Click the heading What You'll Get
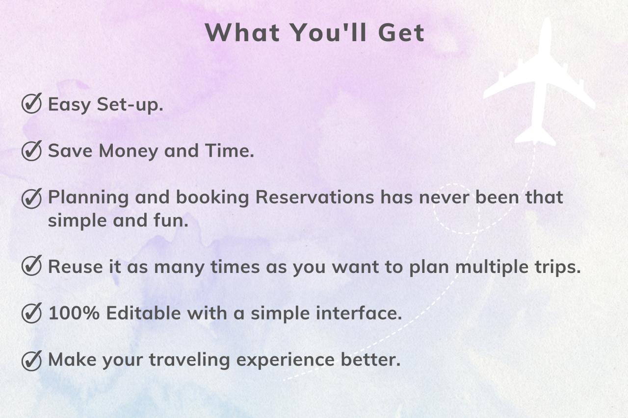point(314,33)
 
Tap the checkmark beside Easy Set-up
point(31,104)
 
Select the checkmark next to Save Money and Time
point(31,151)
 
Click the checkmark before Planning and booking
point(31,198)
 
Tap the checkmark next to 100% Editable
point(31,313)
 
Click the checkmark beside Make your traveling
point(31,360)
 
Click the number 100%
point(74,313)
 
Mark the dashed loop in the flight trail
point(456,208)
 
